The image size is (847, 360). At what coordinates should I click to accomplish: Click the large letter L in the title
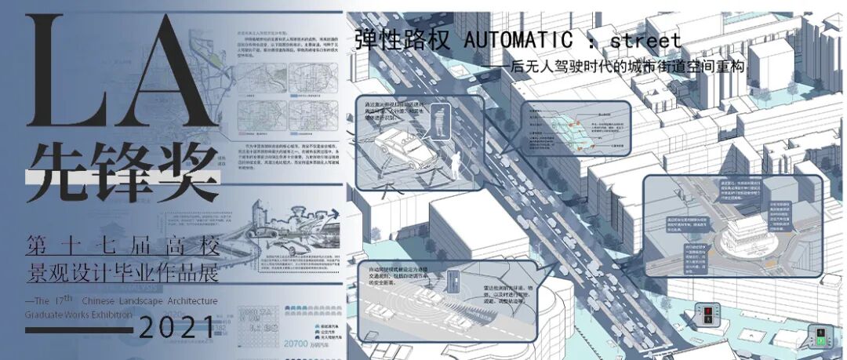[x=66, y=75]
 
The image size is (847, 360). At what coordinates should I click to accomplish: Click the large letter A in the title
[x=169, y=75]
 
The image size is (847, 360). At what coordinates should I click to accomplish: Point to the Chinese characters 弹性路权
[x=403, y=40]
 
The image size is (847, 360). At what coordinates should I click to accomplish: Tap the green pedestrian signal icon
[x=821, y=338]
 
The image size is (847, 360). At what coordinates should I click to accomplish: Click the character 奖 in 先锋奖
[x=184, y=170]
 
